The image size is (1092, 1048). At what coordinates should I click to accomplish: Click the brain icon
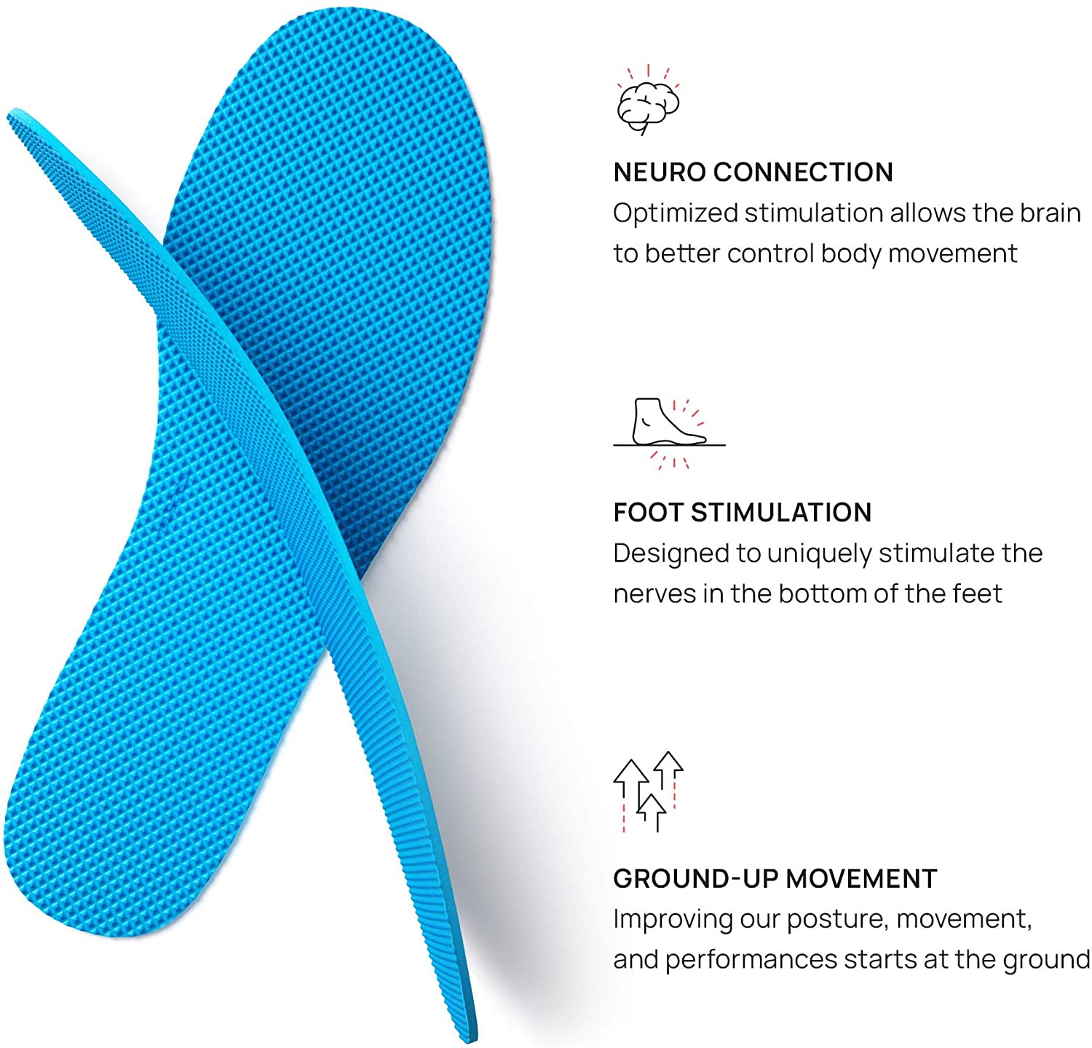click(648, 102)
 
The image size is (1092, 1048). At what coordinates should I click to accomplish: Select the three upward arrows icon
click(648, 792)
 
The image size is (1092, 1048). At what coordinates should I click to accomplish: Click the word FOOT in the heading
click(648, 513)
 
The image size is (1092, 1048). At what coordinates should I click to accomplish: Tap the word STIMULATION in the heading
click(780, 513)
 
